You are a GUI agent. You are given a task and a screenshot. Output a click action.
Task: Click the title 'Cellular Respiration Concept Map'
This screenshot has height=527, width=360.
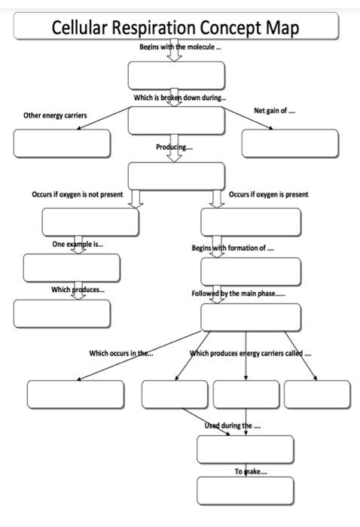[x=175, y=27]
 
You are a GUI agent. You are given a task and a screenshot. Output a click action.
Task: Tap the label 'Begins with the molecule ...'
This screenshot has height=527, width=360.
[x=180, y=47]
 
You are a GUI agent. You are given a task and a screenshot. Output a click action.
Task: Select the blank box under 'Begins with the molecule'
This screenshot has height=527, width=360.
[x=176, y=75]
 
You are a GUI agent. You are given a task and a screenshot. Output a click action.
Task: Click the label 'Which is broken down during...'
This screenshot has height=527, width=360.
[x=180, y=97]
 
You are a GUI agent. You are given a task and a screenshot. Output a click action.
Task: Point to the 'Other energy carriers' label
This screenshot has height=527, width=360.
[x=55, y=115]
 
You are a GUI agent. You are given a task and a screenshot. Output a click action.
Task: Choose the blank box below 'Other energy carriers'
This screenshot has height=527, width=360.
[x=62, y=143]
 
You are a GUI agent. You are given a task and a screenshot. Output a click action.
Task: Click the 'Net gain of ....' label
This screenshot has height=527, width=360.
[x=274, y=111]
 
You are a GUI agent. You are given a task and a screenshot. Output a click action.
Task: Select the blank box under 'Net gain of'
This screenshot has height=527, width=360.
[x=290, y=143]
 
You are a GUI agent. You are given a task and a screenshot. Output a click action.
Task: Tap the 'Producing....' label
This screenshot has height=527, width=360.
[x=175, y=147]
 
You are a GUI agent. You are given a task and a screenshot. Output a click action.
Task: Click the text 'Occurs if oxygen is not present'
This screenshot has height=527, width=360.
[x=77, y=194]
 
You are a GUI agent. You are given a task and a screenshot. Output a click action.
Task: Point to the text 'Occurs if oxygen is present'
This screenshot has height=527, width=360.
[x=269, y=194]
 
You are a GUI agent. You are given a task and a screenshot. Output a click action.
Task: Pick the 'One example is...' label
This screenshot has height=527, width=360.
[x=78, y=244]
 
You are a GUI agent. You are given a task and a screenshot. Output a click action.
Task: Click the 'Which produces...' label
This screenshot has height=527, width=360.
[x=78, y=289]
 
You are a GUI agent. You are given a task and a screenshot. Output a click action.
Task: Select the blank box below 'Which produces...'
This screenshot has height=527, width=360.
[x=62, y=313]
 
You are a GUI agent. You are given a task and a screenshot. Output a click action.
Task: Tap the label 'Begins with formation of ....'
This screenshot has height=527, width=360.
[x=233, y=248]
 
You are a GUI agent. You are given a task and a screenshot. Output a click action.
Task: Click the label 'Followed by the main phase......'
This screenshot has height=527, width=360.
[x=238, y=294]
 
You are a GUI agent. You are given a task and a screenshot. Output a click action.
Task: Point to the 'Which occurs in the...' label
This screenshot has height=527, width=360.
[x=121, y=353]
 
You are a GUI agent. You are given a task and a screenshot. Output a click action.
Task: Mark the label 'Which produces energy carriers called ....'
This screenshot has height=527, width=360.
[x=251, y=353]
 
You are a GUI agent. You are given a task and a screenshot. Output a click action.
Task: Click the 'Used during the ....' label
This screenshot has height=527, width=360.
[x=233, y=425]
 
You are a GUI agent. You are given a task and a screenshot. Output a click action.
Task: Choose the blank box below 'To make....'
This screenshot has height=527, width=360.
[x=246, y=491]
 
